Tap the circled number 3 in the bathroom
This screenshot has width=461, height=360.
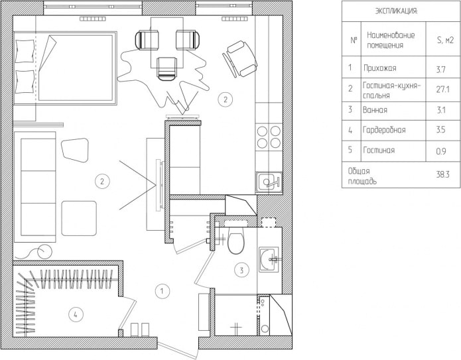pos(242,269)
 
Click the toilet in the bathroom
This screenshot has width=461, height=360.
pos(235,243)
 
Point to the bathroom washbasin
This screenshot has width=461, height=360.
pos(271,259)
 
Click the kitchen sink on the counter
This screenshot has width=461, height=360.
pos(269,181)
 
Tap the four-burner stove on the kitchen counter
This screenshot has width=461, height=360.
pos(269,136)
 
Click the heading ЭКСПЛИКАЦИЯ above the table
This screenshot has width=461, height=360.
pos(397,11)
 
